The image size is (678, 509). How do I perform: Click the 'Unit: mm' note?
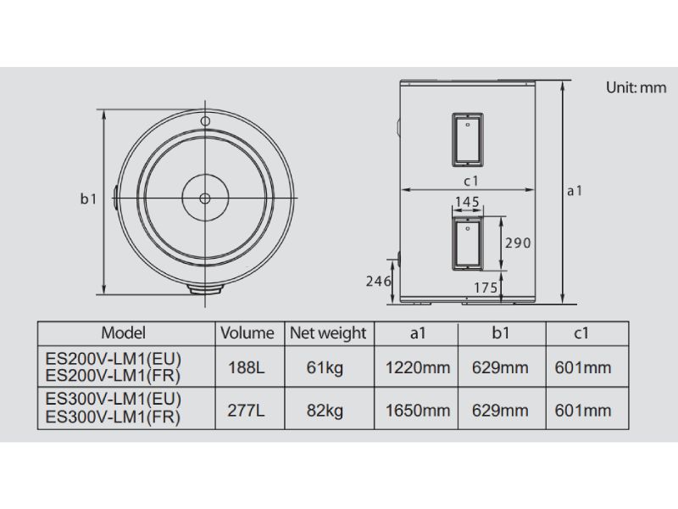pos(636,87)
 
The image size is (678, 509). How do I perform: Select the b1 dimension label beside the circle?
pos(89,199)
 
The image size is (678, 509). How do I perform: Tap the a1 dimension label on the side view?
pos(575,190)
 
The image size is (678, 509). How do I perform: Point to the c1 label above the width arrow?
pos(471,181)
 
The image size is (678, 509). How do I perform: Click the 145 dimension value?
pos(468,202)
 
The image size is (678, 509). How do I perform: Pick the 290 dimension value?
pos(518,243)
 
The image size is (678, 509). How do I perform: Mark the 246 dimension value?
pos(378,282)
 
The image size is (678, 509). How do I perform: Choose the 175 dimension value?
pos(486,288)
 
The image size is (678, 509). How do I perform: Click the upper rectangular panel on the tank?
pos(468,140)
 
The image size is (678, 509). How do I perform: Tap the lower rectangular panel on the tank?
pos(468,243)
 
